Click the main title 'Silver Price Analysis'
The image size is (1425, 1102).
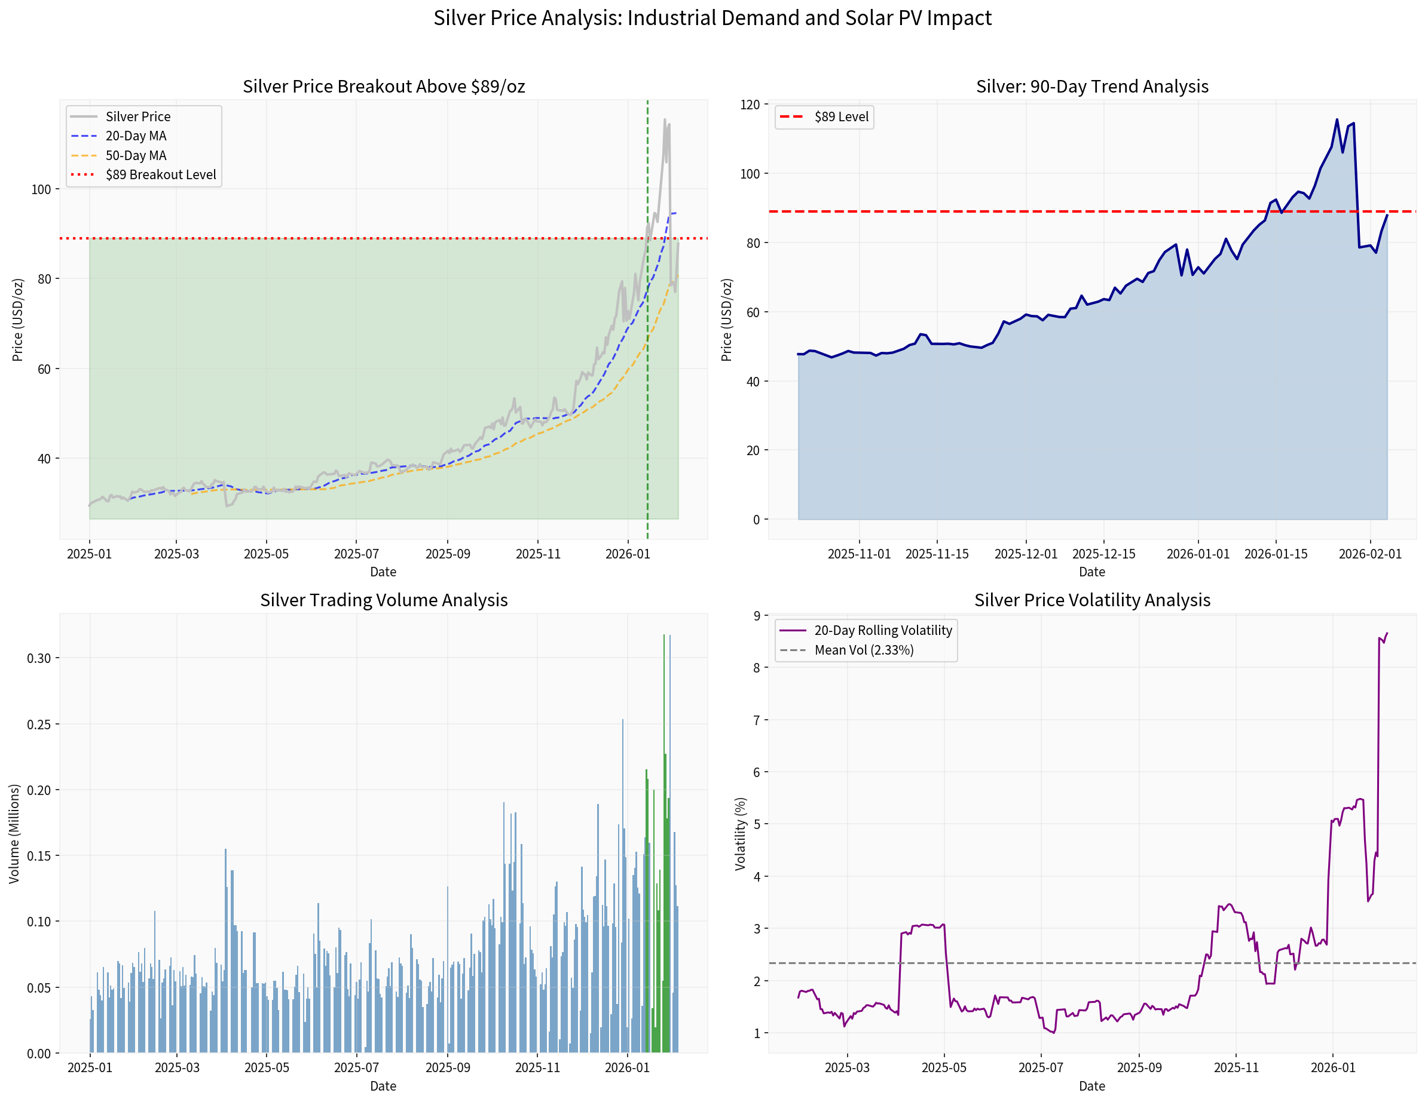[712, 17]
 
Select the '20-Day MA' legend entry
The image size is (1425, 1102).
[136, 136]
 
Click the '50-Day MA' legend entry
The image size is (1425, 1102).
[136, 155]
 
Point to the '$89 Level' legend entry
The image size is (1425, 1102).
[841, 116]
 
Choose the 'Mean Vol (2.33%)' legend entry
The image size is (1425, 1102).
[863, 650]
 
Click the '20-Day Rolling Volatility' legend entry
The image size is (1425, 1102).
[883, 631]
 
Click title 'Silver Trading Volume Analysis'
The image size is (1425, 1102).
[384, 600]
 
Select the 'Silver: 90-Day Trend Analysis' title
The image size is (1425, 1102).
[1091, 86]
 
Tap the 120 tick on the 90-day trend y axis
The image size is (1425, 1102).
[750, 105]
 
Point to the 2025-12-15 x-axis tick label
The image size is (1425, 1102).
[1103, 554]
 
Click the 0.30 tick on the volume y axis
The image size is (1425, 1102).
[38, 658]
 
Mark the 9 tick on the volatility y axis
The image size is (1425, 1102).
[756, 616]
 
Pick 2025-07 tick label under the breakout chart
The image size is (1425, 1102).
[356, 554]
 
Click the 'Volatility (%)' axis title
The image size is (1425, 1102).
[740, 833]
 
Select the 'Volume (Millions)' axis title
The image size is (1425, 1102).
[14, 833]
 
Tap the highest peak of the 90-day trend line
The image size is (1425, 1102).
[1337, 119]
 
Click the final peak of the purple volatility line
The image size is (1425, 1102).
[1387, 633]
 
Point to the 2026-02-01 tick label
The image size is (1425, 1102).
[1370, 554]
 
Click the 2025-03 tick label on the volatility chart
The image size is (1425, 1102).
[847, 1067]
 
